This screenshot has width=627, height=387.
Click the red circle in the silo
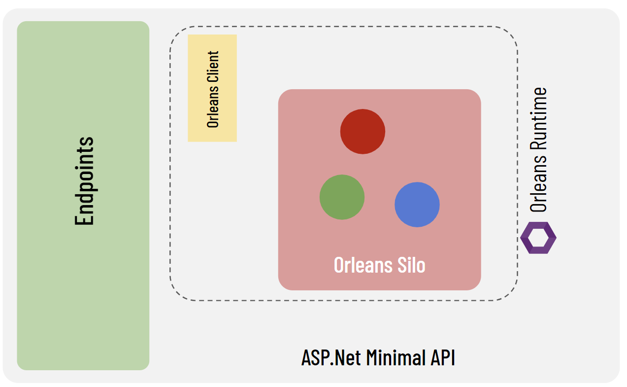click(363, 132)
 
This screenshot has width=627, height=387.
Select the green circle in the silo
click(342, 197)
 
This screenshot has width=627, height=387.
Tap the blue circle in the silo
click(417, 205)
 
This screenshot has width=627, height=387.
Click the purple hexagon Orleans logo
click(538, 238)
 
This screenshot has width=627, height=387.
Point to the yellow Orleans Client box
click(212, 88)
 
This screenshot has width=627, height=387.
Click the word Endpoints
click(84, 180)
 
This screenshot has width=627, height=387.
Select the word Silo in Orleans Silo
click(412, 265)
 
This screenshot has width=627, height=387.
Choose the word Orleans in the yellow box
click(213, 108)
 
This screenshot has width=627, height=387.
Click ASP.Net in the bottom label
click(323, 357)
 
